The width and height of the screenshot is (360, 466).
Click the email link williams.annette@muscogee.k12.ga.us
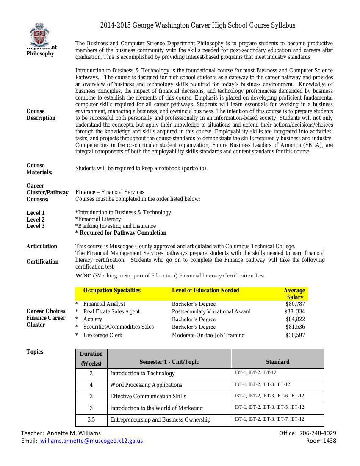pos(91,441)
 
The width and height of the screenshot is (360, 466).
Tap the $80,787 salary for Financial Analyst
pos(295,304)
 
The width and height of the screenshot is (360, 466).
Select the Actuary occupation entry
pos(93,319)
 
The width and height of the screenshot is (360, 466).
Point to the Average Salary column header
pos(294,294)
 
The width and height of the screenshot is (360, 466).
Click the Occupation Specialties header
pos(112,291)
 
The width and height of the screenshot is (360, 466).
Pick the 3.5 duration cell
pos(91,420)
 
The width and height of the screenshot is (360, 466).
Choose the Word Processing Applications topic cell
pos(146,385)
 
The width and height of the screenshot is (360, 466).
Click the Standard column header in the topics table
pos(277,362)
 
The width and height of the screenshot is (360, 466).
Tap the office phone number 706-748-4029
pos(318,433)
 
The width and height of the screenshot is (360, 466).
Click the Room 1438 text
pos(321,441)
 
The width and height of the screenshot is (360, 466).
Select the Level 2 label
pos(36,219)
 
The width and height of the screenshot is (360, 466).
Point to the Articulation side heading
pos(42,247)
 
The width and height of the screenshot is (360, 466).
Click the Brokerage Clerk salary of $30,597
pos(295,336)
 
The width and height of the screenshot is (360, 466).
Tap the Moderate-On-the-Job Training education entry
pos(208,336)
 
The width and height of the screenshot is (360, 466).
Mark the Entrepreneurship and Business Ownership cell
pos(160,420)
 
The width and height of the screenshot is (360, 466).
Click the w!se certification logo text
pos(83,275)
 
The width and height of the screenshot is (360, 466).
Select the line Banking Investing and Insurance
pos(116,226)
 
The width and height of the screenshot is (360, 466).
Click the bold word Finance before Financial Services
pos(85,192)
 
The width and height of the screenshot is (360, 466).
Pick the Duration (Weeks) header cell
pos(91,358)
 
